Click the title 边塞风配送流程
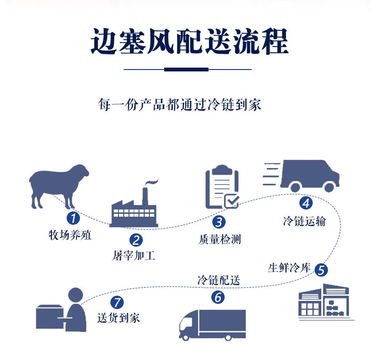coord(189,42)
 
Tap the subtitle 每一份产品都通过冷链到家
coord(180,105)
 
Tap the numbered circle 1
coord(73,218)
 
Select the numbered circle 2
coord(137,240)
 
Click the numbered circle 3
coord(218,221)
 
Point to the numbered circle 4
coord(306,203)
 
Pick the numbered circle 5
coord(321,270)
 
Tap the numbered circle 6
coord(218,298)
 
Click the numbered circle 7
coord(117,302)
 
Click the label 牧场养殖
coord(70,235)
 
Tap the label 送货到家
coord(119,318)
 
